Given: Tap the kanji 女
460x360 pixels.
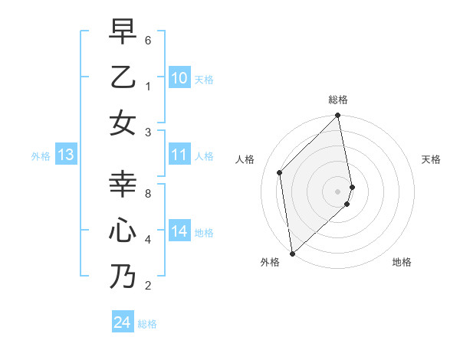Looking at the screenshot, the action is coord(123,123).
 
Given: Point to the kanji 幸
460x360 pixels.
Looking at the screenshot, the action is coord(123,184).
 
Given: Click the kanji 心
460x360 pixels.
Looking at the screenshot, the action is coord(123,231).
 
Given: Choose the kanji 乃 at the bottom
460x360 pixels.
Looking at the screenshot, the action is coord(123,277).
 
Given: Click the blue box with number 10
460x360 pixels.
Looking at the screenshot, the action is coord(179,78).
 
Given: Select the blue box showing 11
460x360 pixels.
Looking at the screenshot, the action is coord(179,155).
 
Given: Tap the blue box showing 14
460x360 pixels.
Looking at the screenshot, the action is coord(179,232).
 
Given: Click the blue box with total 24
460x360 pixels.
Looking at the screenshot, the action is coord(123,323).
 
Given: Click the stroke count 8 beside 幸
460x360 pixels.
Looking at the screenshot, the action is coord(148,194).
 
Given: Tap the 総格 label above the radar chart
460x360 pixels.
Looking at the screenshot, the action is coord(338,100).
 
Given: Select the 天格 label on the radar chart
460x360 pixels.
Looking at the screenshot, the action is coord(431,159).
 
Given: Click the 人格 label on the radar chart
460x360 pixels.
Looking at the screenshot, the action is coord(245,159).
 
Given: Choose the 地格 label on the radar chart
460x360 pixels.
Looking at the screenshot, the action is coord(402,262).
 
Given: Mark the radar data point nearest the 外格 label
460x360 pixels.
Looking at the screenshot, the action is coord(292,253).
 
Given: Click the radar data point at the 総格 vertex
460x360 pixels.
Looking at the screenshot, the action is coord(338,116).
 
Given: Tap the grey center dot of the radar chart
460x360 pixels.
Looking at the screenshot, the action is coord(338,191).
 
